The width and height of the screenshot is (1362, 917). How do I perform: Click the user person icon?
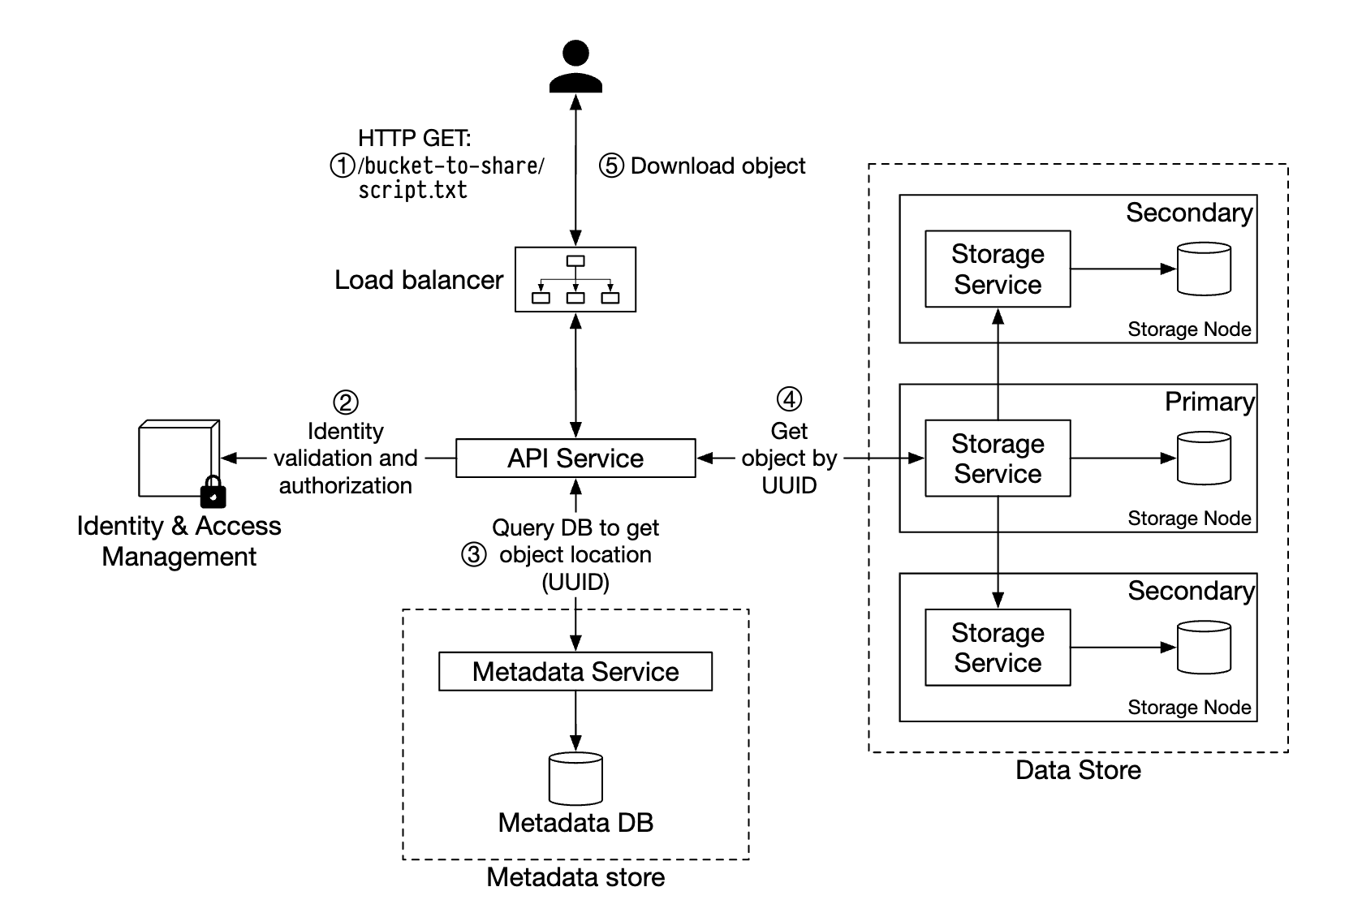coord(575,67)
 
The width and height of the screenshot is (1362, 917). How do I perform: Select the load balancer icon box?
coord(575,279)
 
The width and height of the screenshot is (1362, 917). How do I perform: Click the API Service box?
coord(575,458)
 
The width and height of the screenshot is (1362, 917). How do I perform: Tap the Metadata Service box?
coord(575,671)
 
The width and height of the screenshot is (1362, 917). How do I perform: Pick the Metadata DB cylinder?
coord(575,778)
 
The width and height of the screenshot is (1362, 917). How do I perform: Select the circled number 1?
coord(342,166)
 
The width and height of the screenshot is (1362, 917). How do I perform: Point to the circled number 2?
coord(346,403)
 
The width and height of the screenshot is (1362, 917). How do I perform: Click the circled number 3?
coord(474,555)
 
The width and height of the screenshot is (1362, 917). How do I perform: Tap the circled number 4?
coord(789,399)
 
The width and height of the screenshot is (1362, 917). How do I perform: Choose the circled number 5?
coord(611,166)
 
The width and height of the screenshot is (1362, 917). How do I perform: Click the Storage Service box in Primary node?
coord(998,458)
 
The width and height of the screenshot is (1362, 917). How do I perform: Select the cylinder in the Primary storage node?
coord(1204,458)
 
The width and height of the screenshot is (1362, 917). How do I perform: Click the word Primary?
coord(1209,402)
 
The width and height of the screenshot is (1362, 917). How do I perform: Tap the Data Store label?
coord(1078,770)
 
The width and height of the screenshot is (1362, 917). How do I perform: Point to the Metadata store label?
coord(575,877)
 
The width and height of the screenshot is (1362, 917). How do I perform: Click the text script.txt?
coord(413,191)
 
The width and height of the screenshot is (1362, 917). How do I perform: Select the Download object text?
coord(718,166)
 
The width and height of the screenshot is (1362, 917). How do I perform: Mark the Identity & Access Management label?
coord(179,541)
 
